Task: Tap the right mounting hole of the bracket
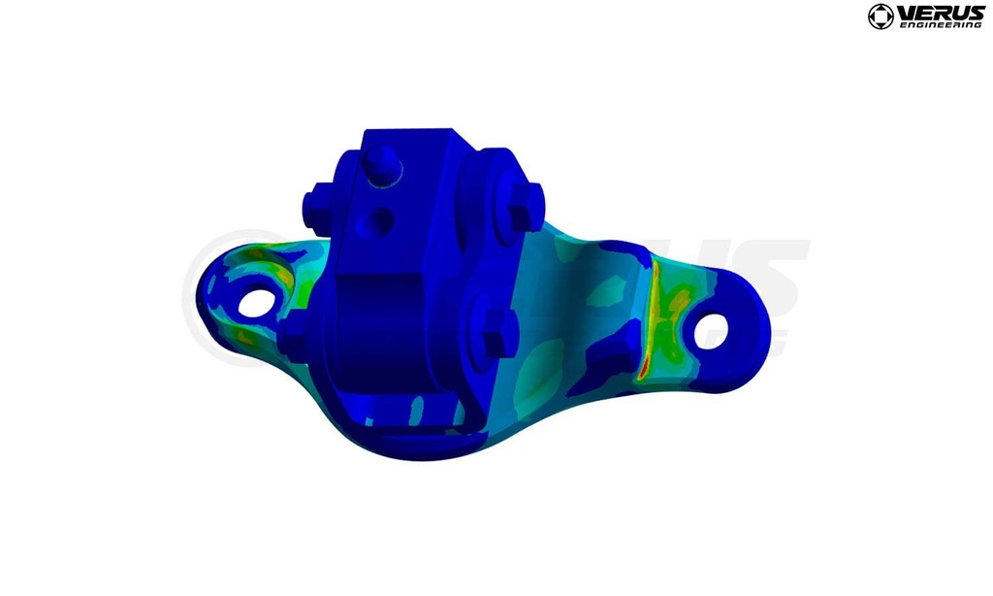(712, 330)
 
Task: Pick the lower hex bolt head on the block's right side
(496, 334)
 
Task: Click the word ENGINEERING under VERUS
(942, 25)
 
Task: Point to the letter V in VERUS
(905, 13)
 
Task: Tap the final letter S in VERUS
(976, 13)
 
